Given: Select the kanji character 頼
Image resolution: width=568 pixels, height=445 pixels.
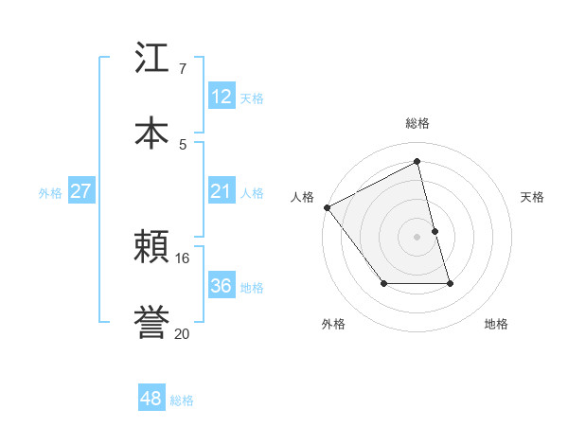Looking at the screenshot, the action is point(152,245).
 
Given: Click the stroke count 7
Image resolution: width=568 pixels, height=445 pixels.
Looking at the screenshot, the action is point(182,69).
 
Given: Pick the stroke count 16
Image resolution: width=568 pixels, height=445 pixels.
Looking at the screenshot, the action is point(183,258).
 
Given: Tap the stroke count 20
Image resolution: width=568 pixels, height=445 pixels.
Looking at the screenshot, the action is point(183,332).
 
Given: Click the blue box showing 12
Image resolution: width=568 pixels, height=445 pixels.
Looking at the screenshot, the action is point(222,97).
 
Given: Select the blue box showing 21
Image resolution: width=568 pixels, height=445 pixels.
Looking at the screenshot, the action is point(222,191).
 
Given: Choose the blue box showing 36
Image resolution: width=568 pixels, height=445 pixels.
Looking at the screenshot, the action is point(222,286).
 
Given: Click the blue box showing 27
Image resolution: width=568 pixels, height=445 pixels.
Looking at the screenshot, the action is point(81,191).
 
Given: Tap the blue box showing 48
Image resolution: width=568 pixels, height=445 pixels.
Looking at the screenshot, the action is point(151,399).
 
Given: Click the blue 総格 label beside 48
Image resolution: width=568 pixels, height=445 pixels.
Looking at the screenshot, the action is point(182,400).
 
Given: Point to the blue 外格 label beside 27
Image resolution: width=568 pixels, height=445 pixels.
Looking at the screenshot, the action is point(50,193).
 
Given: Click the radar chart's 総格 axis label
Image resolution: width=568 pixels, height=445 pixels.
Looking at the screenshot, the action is point(417,123).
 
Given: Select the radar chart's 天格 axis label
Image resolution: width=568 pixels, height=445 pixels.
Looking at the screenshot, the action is point(533,197).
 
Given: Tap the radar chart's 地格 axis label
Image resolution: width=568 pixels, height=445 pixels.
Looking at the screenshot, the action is point(496,324).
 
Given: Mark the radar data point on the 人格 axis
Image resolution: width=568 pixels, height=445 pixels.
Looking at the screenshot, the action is point(327,207).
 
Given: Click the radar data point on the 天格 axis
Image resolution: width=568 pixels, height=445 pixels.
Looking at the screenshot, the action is point(435,231).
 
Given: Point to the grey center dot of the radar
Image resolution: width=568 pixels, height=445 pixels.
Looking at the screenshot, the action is point(417,237).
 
